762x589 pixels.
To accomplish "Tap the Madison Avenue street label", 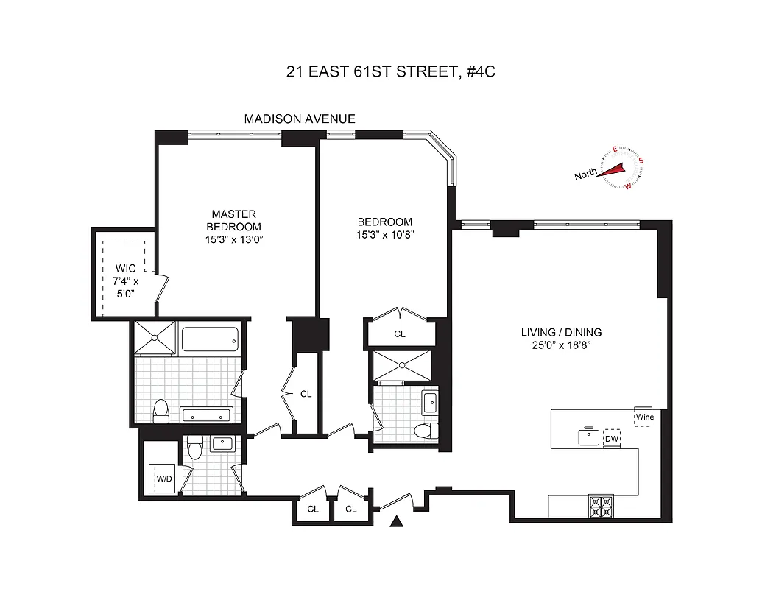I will click(x=300, y=119).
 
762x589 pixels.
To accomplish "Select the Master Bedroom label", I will click(x=233, y=221).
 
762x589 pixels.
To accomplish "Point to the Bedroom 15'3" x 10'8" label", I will click(x=385, y=228).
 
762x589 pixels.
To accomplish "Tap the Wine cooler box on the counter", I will click(x=645, y=417).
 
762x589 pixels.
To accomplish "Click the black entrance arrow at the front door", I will click(x=398, y=522).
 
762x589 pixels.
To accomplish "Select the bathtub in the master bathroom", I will click(x=210, y=339).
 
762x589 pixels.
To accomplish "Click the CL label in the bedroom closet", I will click(x=399, y=334).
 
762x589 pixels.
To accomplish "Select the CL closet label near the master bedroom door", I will click(x=306, y=394).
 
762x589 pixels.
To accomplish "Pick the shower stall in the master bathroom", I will click(x=155, y=337).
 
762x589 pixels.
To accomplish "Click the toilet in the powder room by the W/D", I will click(x=194, y=445).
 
